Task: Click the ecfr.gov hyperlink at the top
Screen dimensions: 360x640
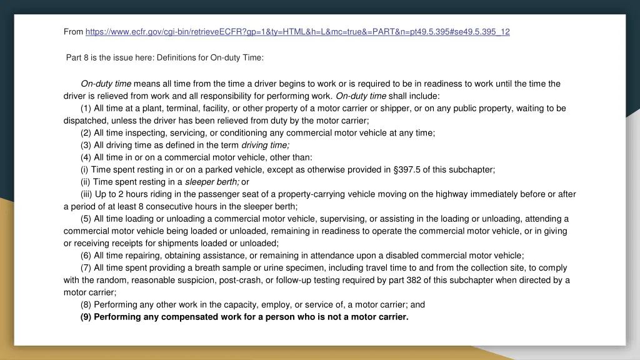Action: click(x=297, y=31)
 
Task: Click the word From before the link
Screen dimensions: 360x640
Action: click(x=73, y=31)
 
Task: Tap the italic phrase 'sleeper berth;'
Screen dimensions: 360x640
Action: click(x=212, y=182)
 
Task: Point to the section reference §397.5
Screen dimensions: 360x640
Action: click(x=407, y=169)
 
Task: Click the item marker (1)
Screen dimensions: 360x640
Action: click(x=86, y=108)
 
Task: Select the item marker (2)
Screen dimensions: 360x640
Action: click(x=86, y=132)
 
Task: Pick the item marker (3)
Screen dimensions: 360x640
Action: click(x=86, y=144)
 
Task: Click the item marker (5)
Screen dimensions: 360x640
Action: click(x=86, y=219)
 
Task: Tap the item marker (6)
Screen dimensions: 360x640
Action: click(x=86, y=255)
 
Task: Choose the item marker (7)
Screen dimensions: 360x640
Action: click(x=86, y=267)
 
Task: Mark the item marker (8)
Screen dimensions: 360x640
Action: click(x=86, y=304)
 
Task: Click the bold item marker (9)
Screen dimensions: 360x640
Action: click(x=87, y=317)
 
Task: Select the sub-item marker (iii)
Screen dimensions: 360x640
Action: click(x=87, y=194)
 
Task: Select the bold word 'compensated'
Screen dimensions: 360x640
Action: click(x=188, y=317)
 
